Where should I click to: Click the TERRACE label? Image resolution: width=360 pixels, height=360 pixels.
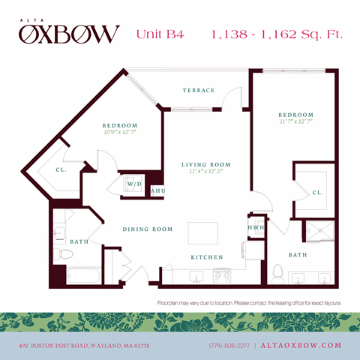[x=199, y=91]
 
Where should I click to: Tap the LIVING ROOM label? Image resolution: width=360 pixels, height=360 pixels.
[x=205, y=164]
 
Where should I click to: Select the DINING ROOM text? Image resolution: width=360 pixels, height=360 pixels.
[x=148, y=229]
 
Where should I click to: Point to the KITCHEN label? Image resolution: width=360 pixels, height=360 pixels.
[x=206, y=257]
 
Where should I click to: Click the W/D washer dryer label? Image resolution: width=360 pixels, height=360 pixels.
[x=134, y=184]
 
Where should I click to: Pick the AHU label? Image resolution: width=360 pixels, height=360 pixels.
[x=157, y=191]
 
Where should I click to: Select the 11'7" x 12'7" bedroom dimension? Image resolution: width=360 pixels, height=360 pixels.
[x=294, y=121]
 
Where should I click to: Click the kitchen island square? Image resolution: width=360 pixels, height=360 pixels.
[x=200, y=234]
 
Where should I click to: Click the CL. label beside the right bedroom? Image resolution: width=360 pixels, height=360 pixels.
[x=318, y=193]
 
